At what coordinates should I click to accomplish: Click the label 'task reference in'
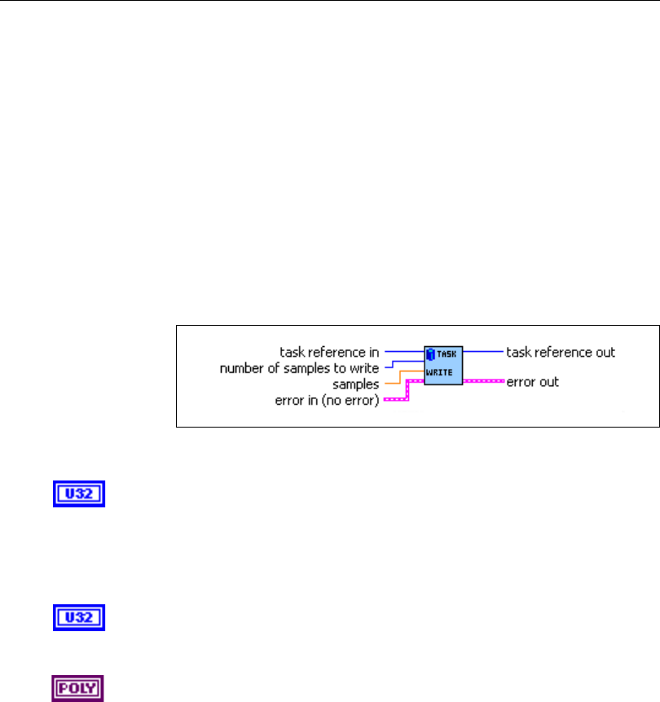329,353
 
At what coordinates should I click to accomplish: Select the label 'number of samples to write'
299,368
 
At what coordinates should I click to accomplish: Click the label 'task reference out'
561,353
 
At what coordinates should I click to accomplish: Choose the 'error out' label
533,381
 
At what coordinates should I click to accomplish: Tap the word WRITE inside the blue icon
444,371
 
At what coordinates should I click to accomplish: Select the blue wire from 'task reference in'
403,352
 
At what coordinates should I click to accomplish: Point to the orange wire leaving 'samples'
393,381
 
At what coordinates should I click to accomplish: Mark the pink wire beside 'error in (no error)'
395,399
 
